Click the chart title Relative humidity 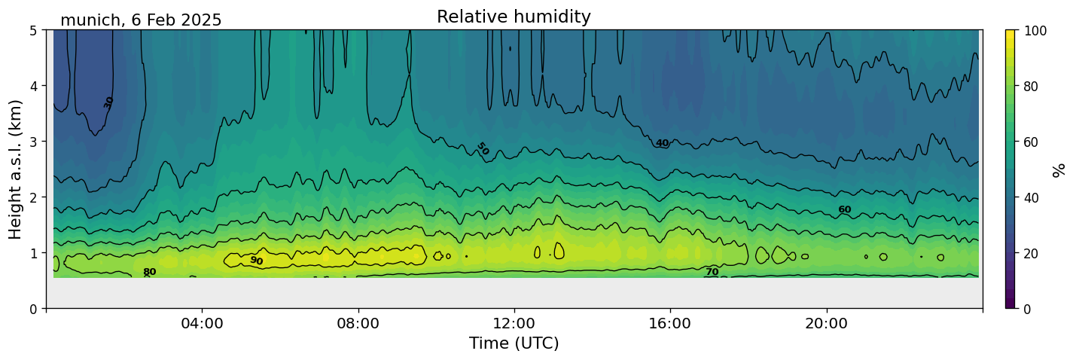point(514,17)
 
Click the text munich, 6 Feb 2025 point(141,20)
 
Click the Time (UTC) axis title point(514,343)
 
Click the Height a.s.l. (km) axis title point(16,169)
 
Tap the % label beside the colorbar point(1060,169)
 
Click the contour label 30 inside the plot point(108,102)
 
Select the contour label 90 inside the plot point(256,261)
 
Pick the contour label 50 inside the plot point(483,149)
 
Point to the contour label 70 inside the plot point(712,272)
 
